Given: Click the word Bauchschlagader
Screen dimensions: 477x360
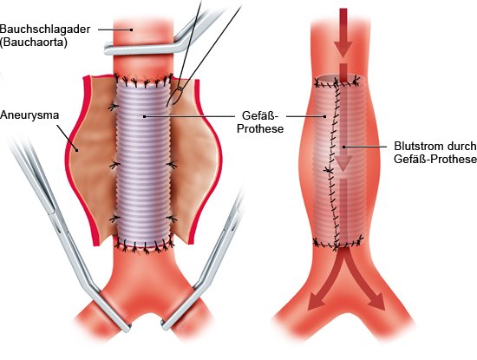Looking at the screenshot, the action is click(45, 29).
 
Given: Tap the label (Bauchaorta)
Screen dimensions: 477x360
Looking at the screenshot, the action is click(34, 42).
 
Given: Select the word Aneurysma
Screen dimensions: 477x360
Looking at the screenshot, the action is click(29, 115).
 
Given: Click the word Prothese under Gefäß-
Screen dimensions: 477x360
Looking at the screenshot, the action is click(260, 128).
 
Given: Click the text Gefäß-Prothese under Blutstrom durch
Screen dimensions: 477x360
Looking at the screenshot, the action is click(435, 159).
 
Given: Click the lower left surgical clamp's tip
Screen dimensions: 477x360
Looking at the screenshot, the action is click(129, 328).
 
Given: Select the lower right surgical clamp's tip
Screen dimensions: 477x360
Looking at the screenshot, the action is click(164, 326).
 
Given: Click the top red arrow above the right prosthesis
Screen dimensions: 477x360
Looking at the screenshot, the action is click(343, 33).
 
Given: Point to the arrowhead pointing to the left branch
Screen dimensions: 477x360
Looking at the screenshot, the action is click(315, 302).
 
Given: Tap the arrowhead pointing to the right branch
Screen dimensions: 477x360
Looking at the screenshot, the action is click(377, 302).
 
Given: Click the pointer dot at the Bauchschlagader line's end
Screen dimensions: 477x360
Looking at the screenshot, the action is click(132, 29).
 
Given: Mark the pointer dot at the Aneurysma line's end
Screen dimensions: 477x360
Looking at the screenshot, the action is click(77, 150).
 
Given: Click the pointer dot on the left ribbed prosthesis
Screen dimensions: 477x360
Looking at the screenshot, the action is click(145, 116).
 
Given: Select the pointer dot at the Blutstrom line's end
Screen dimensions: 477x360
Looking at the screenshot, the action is click(344, 147).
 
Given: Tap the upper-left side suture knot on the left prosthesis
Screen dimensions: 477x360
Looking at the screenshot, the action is click(114, 107).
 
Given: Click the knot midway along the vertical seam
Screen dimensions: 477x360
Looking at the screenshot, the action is click(328, 171).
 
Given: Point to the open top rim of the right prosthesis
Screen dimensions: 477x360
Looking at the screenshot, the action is click(337, 79).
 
